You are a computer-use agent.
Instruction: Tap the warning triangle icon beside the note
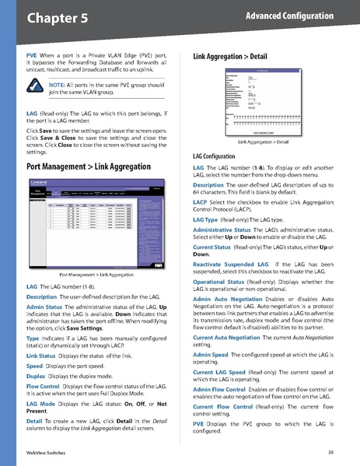pos(36,87)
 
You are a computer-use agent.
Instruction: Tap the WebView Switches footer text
pos(45,452)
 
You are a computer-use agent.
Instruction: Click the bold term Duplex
pos(36,353)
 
